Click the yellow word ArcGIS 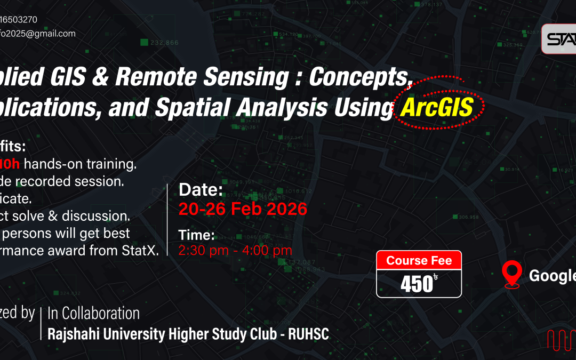pyautogui.click(x=437, y=108)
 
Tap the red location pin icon pyautogui.click(x=512, y=275)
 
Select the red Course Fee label pyautogui.click(x=419, y=260)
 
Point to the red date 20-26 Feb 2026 pyautogui.click(x=243, y=209)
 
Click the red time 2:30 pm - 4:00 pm pyautogui.click(x=235, y=250)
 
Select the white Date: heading pyautogui.click(x=201, y=189)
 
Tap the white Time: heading pyautogui.click(x=196, y=235)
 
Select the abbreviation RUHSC pyautogui.click(x=308, y=334)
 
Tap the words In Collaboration pyautogui.click(x=93, y=313)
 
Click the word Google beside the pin pyautogui.click(x=552, y=276)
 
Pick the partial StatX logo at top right pyautogui.click(x=559, y=39)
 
